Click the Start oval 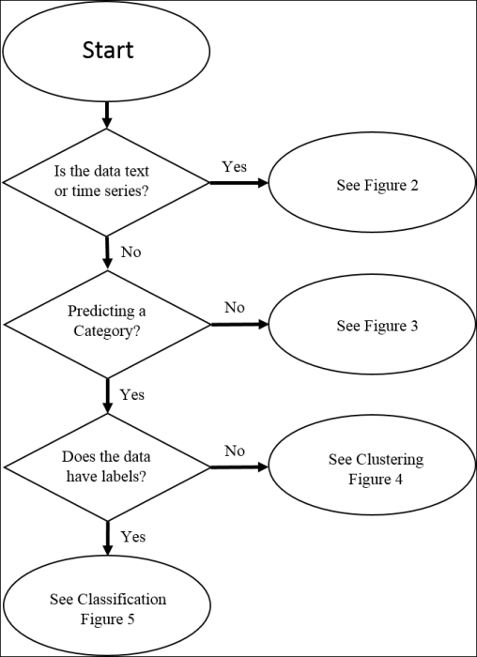click(x=106, y=51)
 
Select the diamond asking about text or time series click(x=106, y=182)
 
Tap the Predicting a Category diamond click(x=107, y=325)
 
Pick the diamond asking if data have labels click(x=107, y=466)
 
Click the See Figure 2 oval click(x=372, y=182)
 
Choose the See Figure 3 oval click(x=372, y=324)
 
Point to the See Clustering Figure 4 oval click(x=372, y=466)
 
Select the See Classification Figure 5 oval click(x=107, y=605)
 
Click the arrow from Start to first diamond click(x=107, y=115)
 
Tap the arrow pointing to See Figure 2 click(x=238, y=183)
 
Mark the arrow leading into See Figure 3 click(x=239, y=325)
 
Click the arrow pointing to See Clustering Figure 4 click(x=239, y=466)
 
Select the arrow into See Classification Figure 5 click(x=108, y=539)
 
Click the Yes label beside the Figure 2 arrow click(x=235, y=166)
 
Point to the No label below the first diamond click(x=131, y=252)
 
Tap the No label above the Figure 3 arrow click(x=235, y=307)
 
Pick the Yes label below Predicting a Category click(x=132, y=394)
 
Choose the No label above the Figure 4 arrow click(x=235, y=451)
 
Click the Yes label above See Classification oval click(x=133, y=536)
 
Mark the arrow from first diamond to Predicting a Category click(x=107, y=252)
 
